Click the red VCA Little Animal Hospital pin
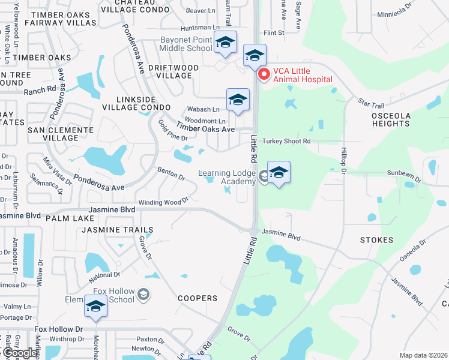coord(264,75)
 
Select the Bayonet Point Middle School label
coord(186,44)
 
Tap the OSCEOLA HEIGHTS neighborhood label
coord(390,119)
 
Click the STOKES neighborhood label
coord(376,240)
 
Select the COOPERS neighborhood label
coord(197,298)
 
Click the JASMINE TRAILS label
coord(118,230)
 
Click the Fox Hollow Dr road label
coord(58,329)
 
